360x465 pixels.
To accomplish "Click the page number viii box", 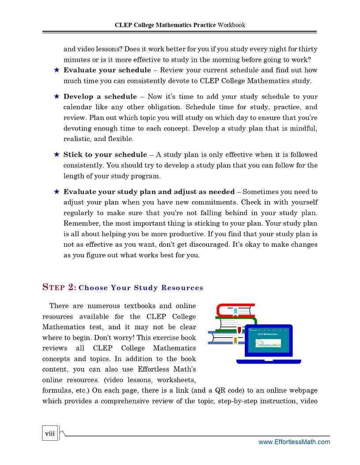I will click(x=50, y=433).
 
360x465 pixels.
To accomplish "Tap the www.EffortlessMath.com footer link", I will click(x=294, y=442).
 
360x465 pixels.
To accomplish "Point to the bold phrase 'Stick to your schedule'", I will click(x=105, y=155).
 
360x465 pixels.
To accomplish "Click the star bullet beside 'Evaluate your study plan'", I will click(x=56, y=192).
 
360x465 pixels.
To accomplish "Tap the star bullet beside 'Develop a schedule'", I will click(x=56, y=97).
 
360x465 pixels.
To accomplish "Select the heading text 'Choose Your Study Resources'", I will click(x=141, y=288).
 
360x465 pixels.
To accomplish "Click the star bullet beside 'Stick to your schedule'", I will click(x=56, y=155).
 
